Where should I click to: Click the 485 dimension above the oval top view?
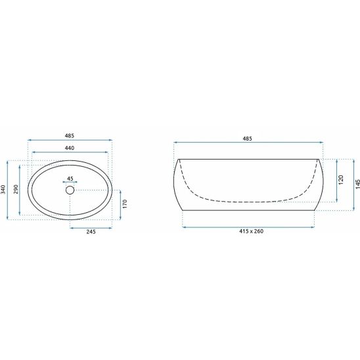coord(70,136)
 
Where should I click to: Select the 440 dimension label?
coord(70,148)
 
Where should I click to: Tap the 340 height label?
coord(3,189)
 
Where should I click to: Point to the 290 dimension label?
coord(16,189)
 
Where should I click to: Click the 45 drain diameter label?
coord(70,179)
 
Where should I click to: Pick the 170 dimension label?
coord(125,204)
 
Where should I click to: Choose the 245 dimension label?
coord(91,232)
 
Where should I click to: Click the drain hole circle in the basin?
coord(70,190)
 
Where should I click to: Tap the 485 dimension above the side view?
coord(247,139)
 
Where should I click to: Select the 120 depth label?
coord(341,180)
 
